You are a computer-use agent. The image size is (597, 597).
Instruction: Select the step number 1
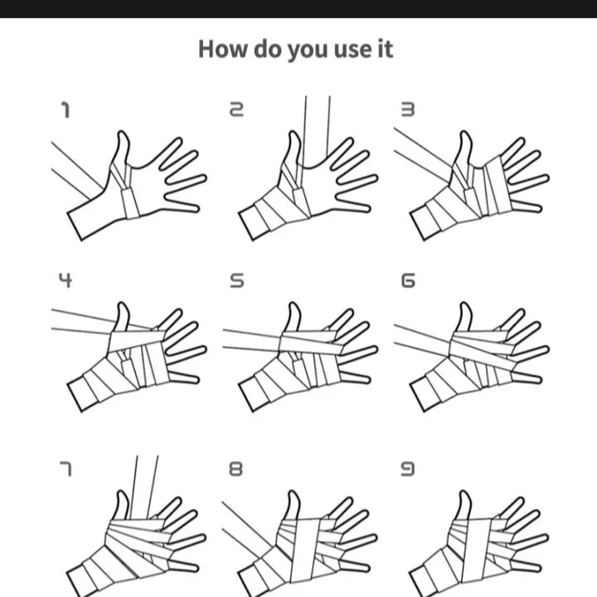pos(66,110)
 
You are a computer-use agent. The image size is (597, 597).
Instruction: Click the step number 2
pos(236,109)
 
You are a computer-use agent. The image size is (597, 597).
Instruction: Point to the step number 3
pos(408,109)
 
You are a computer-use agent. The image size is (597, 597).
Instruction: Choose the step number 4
pos(66,280)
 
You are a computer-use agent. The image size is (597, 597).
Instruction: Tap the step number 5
pos(236,280)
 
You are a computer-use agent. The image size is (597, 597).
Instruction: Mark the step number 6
pos(408,280)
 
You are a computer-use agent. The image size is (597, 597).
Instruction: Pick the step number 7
pos(66,468)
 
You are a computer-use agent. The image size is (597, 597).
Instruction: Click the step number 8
pos(235,468)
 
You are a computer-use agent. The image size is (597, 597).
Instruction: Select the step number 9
pos(407,468)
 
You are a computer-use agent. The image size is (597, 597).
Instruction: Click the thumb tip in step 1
pos(122,133)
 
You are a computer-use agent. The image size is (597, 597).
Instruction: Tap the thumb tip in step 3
pos(465,133)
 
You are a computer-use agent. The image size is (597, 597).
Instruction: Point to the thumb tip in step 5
pos(294,303)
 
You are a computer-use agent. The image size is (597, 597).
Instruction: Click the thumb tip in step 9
pos(464,492)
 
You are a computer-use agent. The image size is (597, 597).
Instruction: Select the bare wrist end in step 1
pos(75,226)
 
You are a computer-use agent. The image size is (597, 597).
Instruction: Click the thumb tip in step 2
pos(294,133)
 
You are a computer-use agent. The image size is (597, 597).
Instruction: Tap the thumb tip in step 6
pos(465,303)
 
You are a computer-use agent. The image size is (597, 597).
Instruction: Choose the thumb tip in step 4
pos(122,303)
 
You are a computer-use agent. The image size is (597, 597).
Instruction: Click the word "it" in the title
pos(386,50)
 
